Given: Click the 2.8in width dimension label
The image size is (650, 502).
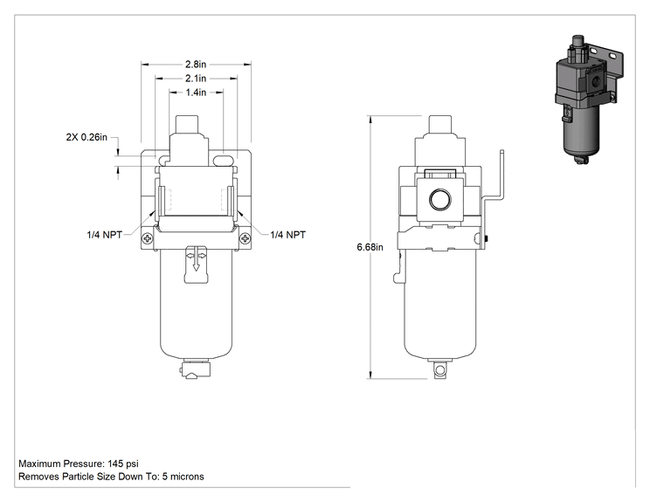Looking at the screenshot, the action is tap(196, 65).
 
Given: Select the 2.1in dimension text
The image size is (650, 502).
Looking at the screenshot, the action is tap(196, 79).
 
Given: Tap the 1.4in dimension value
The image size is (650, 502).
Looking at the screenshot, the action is tap(196, 93).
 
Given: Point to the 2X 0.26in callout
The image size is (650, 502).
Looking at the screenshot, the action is tap(86, 137).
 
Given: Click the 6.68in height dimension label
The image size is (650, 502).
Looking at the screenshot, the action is tap(370, 247).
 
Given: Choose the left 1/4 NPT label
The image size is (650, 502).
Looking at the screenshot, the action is tap(105, 235).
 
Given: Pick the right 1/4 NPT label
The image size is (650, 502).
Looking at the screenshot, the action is tap(287, 235).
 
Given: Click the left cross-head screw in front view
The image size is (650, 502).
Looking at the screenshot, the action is tap(147, 238).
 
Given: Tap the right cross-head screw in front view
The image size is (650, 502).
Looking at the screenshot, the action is tap(245, 238).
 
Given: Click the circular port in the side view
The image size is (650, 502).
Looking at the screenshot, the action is tap(439, 200).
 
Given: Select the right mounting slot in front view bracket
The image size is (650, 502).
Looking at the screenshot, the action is tap(224, 161).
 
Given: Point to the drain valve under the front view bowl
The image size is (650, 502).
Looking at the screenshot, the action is tap(195, 368).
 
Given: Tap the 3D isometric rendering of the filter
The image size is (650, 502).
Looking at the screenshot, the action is tap(588, 100).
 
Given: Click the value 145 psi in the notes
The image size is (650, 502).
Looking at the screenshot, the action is tap(123, 464).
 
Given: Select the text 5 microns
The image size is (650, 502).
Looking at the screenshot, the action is tap(183, 477).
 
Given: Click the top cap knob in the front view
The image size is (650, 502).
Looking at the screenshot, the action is tap(187, 125).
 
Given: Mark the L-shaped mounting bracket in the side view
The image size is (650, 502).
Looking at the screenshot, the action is tap(494, 200).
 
